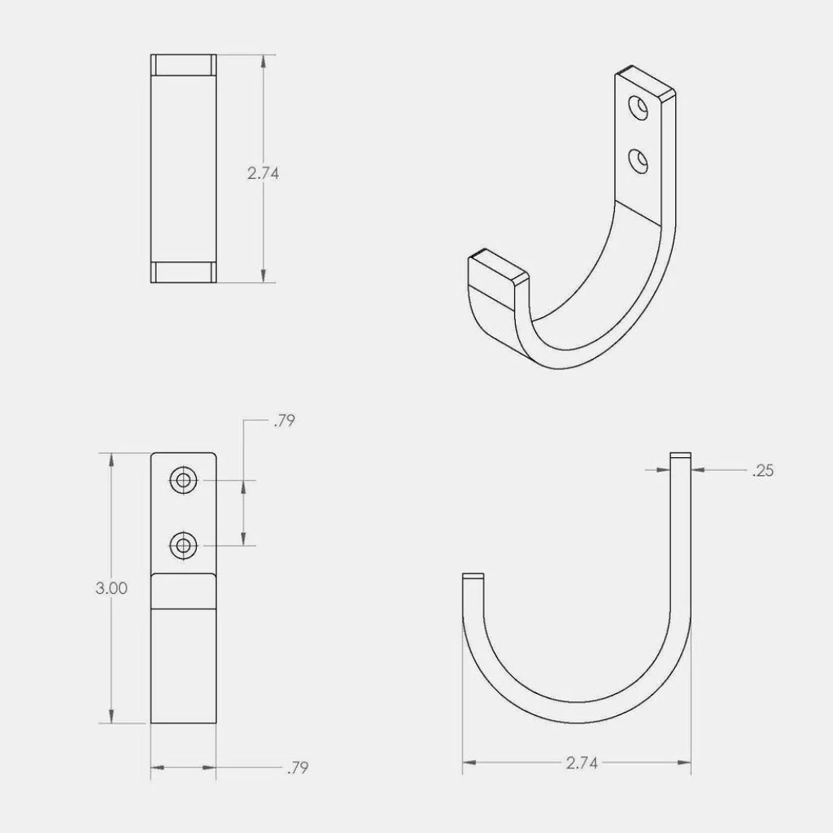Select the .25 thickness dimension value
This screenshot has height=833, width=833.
763,469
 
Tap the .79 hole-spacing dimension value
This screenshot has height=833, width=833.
285,421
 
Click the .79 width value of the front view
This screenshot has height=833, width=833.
298,767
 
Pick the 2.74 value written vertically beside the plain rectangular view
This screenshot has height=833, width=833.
263,173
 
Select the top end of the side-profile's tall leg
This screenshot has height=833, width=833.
681,455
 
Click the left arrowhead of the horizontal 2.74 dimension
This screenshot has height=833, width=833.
469,763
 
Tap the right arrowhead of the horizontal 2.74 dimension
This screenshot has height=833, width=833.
686,763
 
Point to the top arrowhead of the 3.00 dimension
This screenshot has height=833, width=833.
111,460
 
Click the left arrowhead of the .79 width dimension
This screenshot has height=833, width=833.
157,766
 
